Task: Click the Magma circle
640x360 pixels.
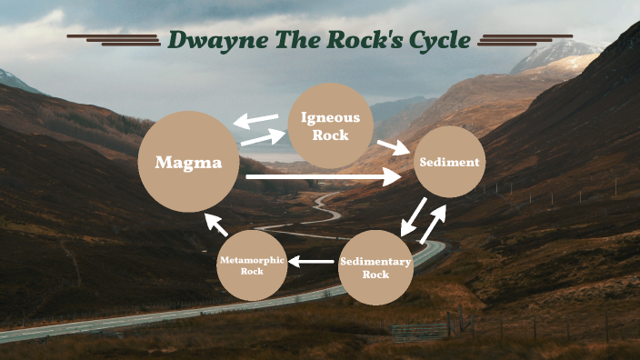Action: pyautogui.click(x=188, y=163)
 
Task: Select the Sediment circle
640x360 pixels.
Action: pyautogui.click(x=448, y=162)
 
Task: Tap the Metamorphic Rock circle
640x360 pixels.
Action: pyautogui.click(x=252, y=265)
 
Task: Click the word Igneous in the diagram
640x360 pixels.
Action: pyautogui.click(x=330, y=117)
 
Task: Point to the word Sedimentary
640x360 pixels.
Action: pyautogui.click(x=375, y=262)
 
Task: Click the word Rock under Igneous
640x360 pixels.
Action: pyautogui.click(x=330, y=135)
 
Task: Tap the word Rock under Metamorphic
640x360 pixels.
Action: pyautogui.click(x=252, y=271)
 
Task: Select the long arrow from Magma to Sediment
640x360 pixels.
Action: pyautogui.click(x=323, y=176)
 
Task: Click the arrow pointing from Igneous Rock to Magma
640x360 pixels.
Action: pyautogui.click(x=255, y=120)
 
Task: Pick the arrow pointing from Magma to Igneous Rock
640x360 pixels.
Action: pyautogui.click(x=263, y=137)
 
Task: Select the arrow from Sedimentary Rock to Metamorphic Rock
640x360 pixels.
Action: pyautogui.click(x=310, y=263)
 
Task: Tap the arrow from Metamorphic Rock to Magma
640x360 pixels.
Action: pyautogui.click(x=215, y=224)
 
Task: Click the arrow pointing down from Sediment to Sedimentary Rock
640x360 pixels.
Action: pyautogui.click(x=414, y=215)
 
